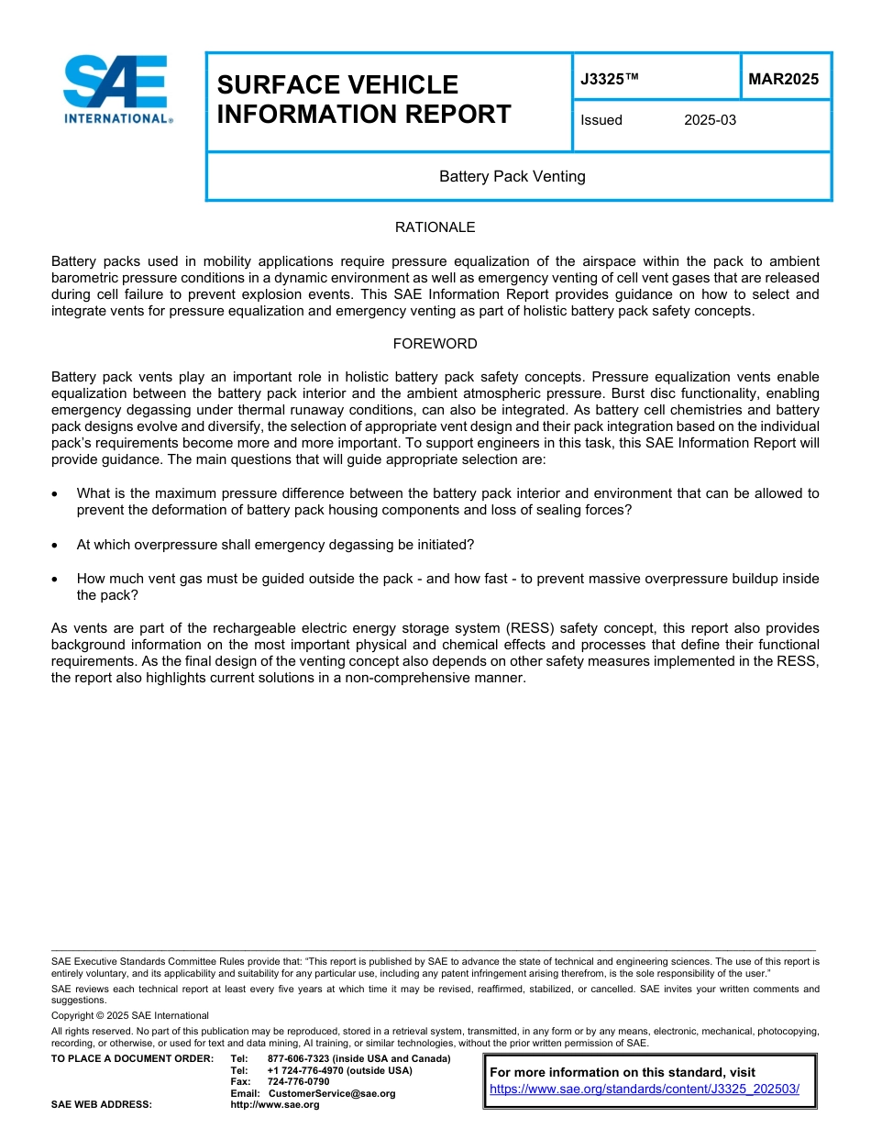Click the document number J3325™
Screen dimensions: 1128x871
click(609, 80)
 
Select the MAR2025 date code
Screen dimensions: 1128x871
click(783, 80)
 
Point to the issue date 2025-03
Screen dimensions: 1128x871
click(710, 120)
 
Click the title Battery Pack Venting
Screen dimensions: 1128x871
click(512, 176)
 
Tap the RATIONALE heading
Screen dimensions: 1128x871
click(435, 227)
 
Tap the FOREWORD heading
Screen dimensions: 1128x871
click(435, 344)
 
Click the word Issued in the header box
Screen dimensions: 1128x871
click(601, 120)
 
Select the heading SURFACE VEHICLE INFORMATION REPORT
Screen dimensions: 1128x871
click(364, 99)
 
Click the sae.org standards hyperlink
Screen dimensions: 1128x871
click(645, 1089)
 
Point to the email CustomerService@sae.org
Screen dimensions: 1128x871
click(331, 1093)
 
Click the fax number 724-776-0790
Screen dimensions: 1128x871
click(298, 1082)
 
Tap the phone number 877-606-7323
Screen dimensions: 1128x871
click(299, 1059)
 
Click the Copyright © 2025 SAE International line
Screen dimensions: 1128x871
click(130, 1015)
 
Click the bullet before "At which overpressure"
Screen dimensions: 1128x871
click(58, 546)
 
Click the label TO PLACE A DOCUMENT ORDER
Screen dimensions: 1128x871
click(132, 1059)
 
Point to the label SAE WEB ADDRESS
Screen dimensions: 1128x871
click(102, 1105)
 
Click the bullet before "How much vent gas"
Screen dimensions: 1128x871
click(58, 580)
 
